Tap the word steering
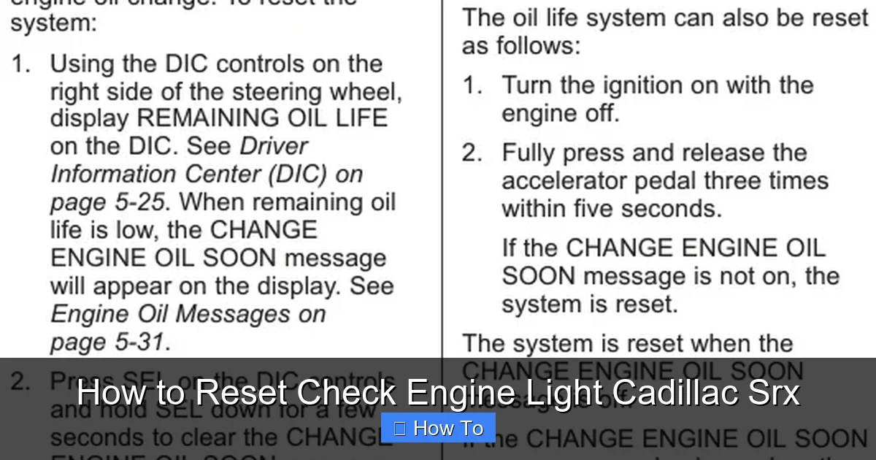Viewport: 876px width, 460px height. pyautogui.click(x=277, y=91)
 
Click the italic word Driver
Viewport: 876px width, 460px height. pyautogui.click(x=273, y=146)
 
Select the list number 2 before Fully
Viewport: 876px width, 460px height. pyautogui.click(x=472, y=153)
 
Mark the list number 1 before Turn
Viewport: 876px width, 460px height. pyautogui.click(x=472, y=86)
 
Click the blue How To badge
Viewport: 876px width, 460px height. pyautogui.click(x=438, y=428)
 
